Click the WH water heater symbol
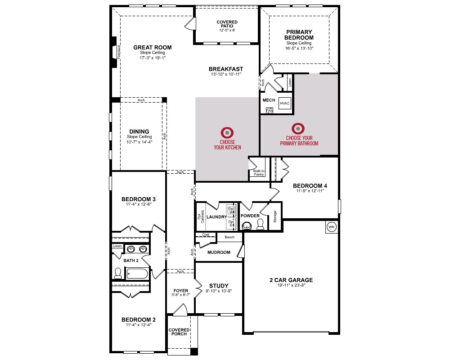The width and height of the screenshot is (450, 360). [x=332, y=227]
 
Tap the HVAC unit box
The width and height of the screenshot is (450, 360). [x=285, y=103]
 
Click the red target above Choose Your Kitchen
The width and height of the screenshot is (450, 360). [x=227, y=133]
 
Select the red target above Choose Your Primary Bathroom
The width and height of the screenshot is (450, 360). [x=298, y=128]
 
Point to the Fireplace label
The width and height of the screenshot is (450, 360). [x=119, y=52]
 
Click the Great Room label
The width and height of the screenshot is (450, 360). [x=153, y=47]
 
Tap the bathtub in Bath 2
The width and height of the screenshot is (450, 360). [x=137, y=273]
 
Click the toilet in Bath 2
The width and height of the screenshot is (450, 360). [x=118, y=273]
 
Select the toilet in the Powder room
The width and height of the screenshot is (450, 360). [x=260, y=225]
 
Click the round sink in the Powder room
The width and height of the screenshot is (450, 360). [x=247, y=226]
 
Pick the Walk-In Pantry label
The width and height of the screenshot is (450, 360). [x=259, y=172]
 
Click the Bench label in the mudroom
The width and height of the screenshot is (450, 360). [x=229, y=237]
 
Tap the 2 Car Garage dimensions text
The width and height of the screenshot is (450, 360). [x=291, y=285]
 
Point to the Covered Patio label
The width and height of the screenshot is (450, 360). [x=227, y=24]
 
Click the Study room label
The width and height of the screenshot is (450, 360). [x=219, y=286]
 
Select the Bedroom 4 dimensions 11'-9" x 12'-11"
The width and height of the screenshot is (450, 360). [x=310, y=191]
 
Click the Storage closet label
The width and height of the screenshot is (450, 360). [x=275, y=216]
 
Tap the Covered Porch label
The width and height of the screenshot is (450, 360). [x=179, y=332]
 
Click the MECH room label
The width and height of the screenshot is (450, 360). [x=269, y=100]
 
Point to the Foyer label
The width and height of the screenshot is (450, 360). [x=181, y=291]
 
